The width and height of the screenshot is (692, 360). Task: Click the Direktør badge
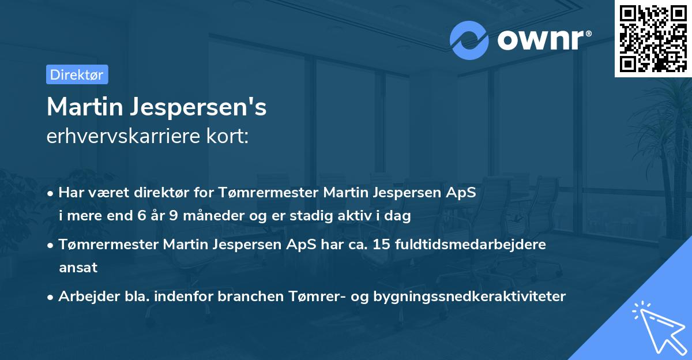(77, 74)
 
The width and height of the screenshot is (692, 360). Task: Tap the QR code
(653, 38)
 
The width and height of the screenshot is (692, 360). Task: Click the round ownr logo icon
(469, 40)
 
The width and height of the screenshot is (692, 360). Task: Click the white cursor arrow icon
(657, 327)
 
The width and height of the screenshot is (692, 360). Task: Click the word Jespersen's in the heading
(199, 107)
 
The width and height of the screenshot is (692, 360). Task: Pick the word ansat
(78, 268)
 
